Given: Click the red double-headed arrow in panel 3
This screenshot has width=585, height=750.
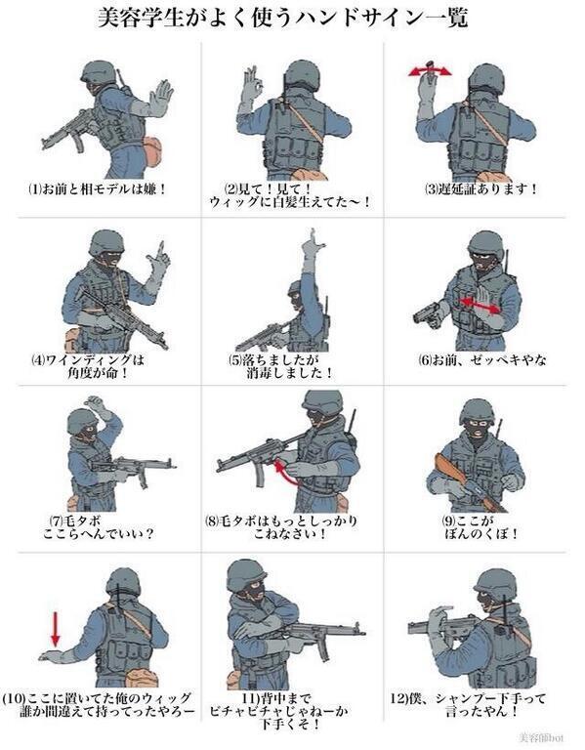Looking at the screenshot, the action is pyautogui.click(x=430, y=71).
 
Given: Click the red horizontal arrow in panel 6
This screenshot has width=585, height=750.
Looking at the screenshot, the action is pyautogui.click(x=480, y=305).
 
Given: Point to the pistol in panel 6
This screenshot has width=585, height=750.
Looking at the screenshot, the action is pyautogui.click(x=427, y=313).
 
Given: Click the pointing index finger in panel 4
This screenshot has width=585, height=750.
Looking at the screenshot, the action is pyautogui.click(x=162, y=249).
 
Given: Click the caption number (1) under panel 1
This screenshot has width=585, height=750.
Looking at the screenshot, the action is pyautogui.click(x=35, y=189).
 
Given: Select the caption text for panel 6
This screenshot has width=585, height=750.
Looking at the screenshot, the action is pyautogui.click(x=482, y=360).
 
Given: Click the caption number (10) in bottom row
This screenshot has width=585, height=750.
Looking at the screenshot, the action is pyautogui.click(x=14, y=698).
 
